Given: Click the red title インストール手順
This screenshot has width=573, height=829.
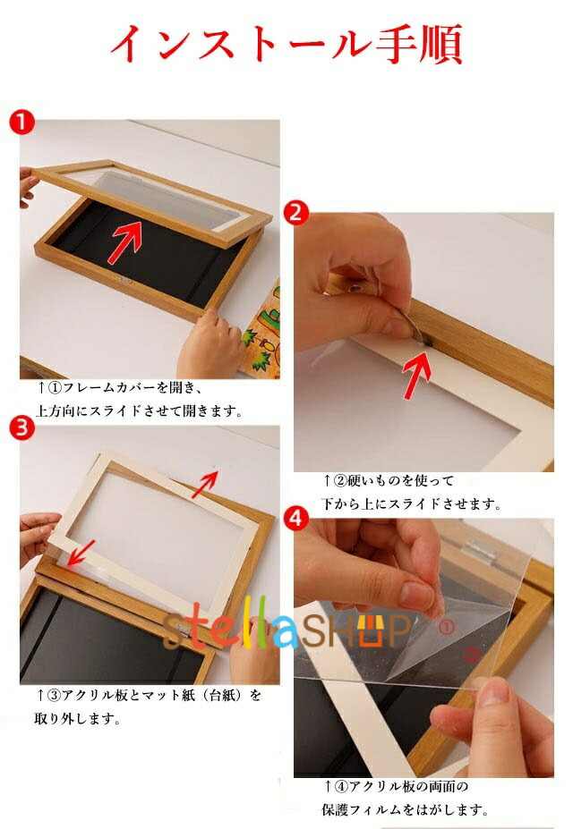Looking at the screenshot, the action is point(286,43).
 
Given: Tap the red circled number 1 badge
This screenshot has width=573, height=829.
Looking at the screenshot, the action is point(21,123).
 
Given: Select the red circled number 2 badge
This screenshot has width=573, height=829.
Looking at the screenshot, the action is point(296,213).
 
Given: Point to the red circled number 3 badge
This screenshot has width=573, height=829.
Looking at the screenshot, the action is point(21,427).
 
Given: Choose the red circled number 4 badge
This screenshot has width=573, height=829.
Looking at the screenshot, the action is point(296,518).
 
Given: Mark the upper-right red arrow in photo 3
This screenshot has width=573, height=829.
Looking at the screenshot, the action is point(205,484).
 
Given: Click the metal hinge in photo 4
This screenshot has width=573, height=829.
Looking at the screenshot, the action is point(480,551).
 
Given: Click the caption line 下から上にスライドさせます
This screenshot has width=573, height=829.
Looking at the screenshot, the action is point(411,503).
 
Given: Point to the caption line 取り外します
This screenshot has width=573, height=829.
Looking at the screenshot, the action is point(77,718).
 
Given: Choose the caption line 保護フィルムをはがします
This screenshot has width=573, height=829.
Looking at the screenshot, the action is point(404,809).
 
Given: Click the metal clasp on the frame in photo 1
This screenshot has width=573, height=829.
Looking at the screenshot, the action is point(125,280).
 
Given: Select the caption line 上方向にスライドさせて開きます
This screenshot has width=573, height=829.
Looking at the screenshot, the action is point(139,410).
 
